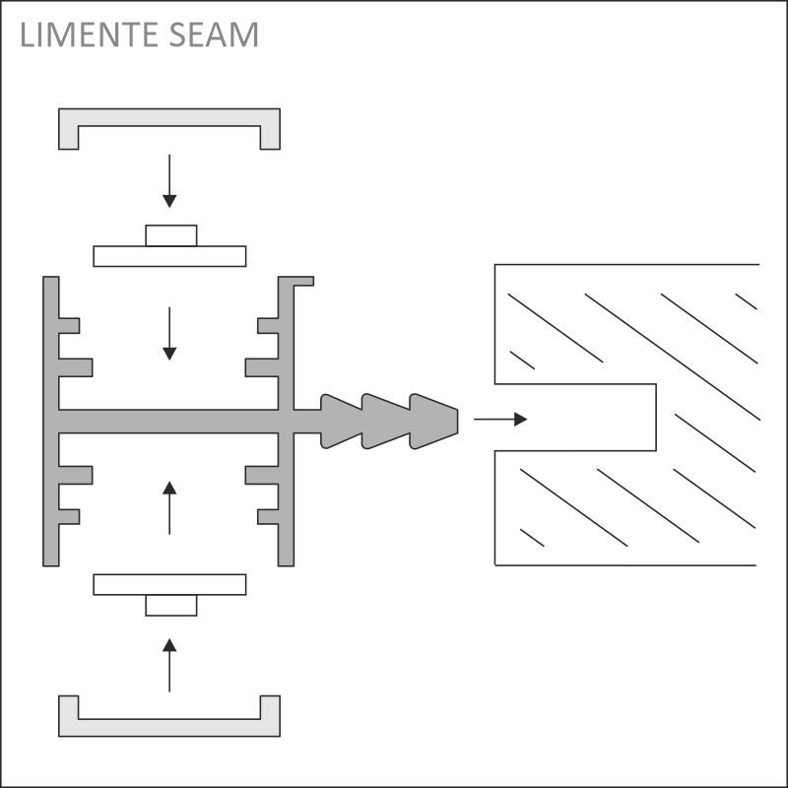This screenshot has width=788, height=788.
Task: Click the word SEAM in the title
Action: [214, 34]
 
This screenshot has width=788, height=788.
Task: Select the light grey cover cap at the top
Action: [169, 117]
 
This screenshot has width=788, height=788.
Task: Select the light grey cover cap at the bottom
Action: [169, 728]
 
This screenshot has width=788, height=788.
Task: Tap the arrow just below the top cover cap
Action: [169, 181]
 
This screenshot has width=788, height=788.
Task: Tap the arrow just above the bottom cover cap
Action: [169, 665]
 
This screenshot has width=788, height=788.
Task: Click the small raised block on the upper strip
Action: [171, 235]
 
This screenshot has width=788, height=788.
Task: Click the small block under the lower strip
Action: [171, 605]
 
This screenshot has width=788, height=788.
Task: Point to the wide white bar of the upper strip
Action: [169, 256]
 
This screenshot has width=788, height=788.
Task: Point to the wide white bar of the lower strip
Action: [169, 584]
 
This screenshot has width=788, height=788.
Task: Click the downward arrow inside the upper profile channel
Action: [169, 334]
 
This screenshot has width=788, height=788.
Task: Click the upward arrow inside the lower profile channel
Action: [169, 507]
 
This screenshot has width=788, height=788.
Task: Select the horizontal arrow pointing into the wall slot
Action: [500, 420]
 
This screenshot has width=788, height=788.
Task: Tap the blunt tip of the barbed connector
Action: [457, 422]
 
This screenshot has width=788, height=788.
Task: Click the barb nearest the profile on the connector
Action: [341, 422]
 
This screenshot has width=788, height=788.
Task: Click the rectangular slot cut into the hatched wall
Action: [575, 418]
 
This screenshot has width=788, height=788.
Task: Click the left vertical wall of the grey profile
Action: [51, 422]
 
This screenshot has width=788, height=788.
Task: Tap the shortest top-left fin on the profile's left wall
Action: [69, 326]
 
